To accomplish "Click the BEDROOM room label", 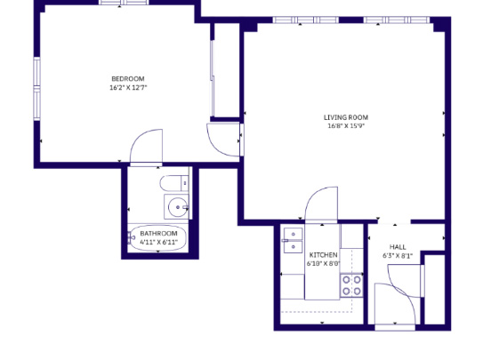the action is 128,78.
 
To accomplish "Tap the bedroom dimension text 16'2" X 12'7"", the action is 128,87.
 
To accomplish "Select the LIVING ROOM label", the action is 346,117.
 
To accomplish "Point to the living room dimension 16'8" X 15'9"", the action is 346,125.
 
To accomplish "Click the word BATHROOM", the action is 158,233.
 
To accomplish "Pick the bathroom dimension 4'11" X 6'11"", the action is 158,242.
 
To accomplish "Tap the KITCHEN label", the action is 324,255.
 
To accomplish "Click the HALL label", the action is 398,247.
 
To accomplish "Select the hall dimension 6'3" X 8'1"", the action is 398,255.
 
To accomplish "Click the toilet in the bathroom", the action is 174,183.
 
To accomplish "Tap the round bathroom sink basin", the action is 177,207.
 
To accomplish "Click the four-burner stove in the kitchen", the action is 351,285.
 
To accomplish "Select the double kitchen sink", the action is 294,240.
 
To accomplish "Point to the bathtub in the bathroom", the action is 157,238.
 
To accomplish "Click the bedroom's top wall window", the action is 124,3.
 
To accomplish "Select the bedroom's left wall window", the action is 37,89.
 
